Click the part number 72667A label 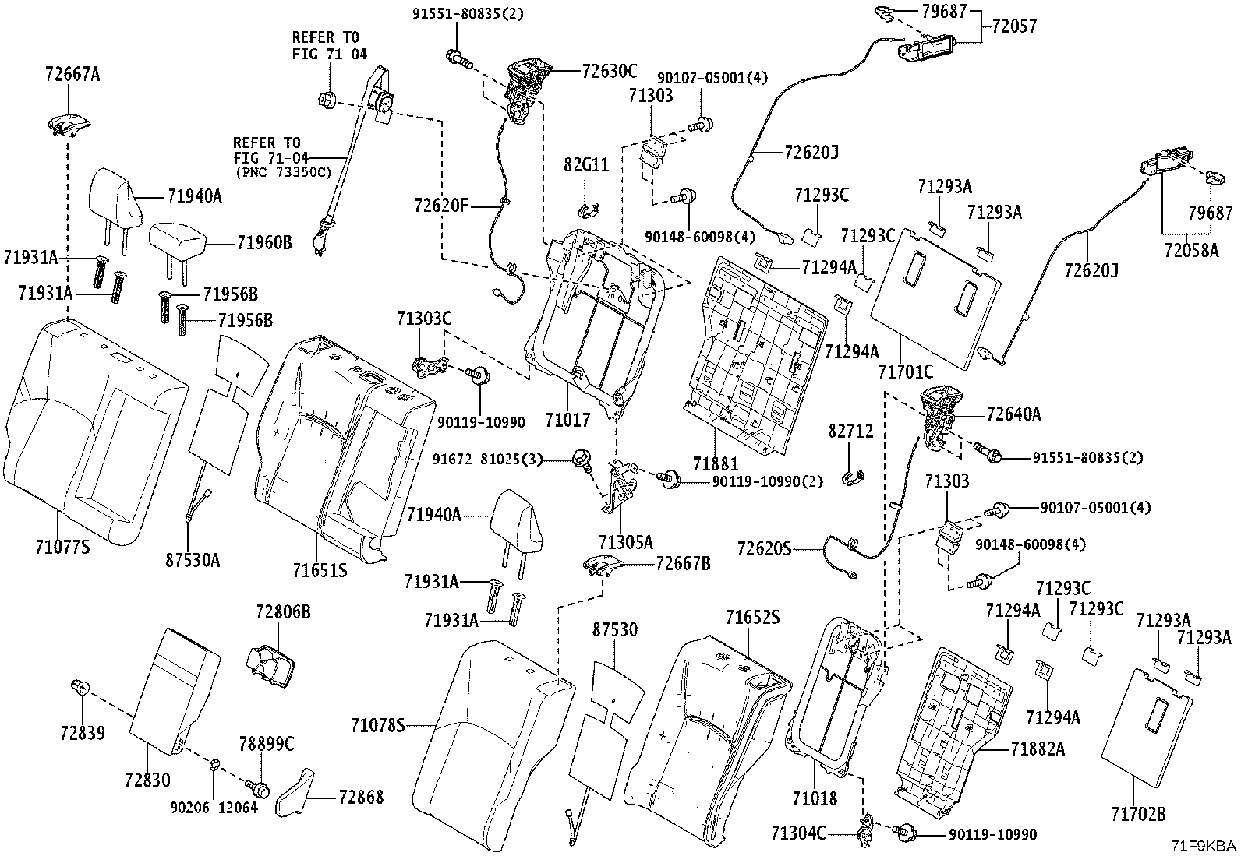point(72,75)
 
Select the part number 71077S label point(62,547)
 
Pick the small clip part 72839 point(80,688)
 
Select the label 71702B point(1138,815)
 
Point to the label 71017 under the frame point(567,421)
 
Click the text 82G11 point(586,165)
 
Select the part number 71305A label point(626,541)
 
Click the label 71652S point(752,618)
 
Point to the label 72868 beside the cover point(360,798)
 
